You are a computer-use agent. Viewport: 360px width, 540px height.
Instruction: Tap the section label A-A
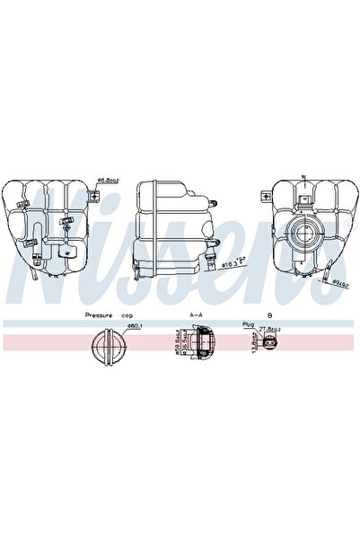point(196,315)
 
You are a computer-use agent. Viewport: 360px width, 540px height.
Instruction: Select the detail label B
point(268,315)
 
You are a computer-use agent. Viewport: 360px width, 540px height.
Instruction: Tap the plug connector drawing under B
point(268,346)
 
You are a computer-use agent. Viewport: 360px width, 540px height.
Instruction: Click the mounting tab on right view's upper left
point(265,195)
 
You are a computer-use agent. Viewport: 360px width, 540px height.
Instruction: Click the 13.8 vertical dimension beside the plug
point(255,345)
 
